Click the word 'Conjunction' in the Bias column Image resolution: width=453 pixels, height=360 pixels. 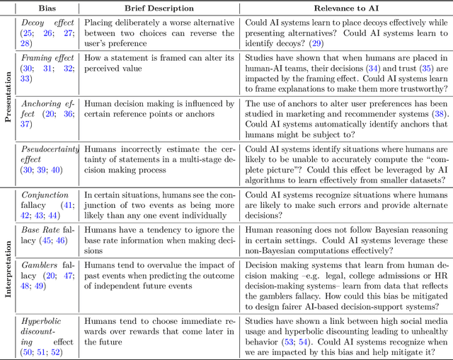(45, 195)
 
